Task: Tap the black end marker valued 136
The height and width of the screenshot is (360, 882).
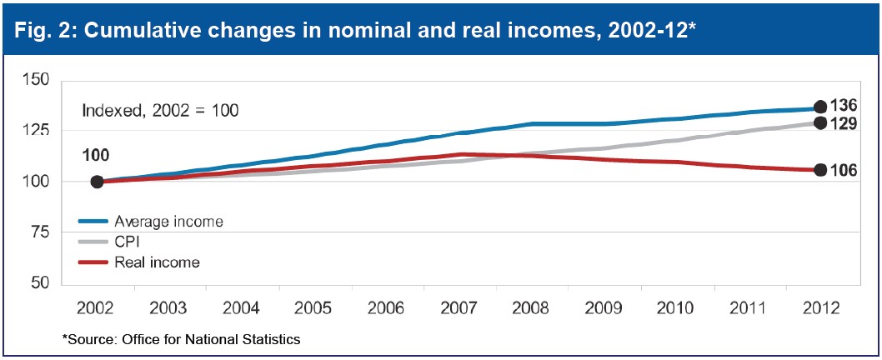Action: coord(820,107)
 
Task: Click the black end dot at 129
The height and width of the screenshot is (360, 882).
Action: coord(820,122)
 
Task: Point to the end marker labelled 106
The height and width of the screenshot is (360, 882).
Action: coord(820,170)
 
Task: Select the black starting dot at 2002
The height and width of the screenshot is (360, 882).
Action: coord(97,182)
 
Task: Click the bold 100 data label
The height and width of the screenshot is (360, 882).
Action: coord(97,155)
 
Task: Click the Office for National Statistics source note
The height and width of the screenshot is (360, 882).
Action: coord(181,339)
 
